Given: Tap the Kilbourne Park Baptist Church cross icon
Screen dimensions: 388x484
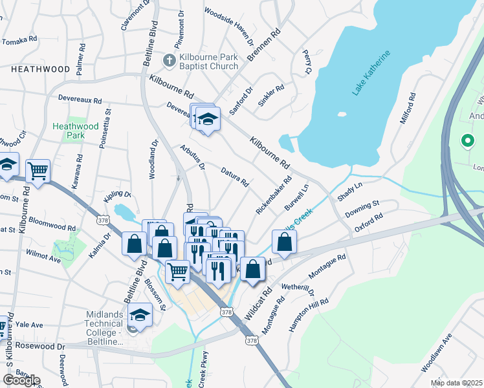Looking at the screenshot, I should pyautogui.click(x=170, y=60).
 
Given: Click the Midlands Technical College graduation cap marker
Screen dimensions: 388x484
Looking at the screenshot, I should pyautogui.click(x=139, y=315).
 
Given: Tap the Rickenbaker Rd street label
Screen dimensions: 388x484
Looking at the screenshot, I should pyautogui.click(x=274, y=196).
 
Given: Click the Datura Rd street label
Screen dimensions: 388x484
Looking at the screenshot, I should pyautogui.click(x=235, y=176).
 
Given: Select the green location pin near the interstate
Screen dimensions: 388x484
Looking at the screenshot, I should pyautogui.click(x=466, y=140).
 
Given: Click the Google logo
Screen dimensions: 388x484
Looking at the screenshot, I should pyautogui.click(x=21, y=380).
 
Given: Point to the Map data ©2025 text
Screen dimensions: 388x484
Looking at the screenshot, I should pyautogui.click(x=456, y=383).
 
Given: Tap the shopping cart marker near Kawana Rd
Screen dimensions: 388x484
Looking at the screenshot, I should pyautogui.click(x=38, y=171).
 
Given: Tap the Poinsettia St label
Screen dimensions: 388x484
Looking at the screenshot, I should pyautogui.click(x=105, y=129).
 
